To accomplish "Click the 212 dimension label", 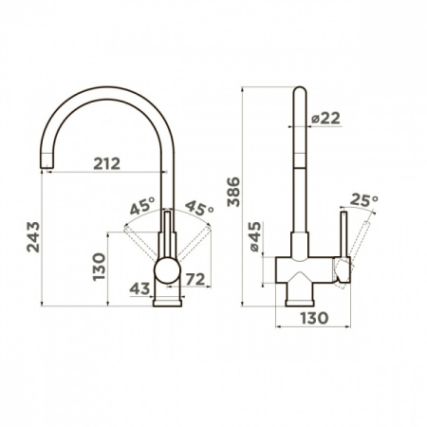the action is pos(107,163).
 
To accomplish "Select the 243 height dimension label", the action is pos(33,236).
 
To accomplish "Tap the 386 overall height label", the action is pos(234,192).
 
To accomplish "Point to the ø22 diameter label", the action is pos(325,119).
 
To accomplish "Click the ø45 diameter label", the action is pos(256,236).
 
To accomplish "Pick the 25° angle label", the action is pos(364,200).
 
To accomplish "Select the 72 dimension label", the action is pos(195,279).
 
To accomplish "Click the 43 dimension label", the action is pos(139,288).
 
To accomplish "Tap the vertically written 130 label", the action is pos(99,267).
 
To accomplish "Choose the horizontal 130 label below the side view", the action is pos(314,318).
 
